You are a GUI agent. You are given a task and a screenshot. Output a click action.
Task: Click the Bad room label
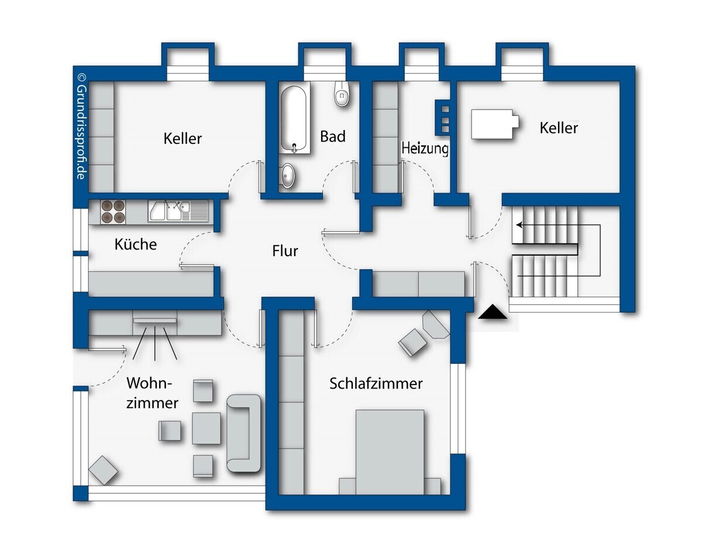332,136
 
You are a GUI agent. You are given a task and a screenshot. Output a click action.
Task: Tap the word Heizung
425,149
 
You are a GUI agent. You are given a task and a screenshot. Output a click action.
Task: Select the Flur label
285,251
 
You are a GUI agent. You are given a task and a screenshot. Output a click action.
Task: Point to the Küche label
135,244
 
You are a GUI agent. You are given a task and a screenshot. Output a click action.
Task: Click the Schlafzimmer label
376,383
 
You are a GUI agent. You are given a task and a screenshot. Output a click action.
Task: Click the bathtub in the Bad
294,120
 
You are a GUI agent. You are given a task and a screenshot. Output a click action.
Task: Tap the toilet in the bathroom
342,94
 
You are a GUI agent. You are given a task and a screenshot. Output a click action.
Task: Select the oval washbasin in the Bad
287,176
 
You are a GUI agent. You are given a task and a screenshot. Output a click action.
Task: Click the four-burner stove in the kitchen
113,212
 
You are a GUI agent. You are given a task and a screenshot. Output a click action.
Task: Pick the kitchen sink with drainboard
178,211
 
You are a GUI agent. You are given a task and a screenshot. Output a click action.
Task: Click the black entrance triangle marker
493,312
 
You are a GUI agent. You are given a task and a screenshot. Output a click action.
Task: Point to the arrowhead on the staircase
519,225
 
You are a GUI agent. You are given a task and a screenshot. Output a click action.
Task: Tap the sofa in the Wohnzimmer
244,433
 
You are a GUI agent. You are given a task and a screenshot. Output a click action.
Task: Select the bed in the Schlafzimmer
390,452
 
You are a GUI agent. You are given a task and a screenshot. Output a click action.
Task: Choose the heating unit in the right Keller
495,124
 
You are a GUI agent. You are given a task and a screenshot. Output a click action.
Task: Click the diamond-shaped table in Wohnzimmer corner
104,470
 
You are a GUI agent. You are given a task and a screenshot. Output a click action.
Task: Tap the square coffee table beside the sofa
206,428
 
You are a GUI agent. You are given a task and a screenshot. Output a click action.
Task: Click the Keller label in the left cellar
183,139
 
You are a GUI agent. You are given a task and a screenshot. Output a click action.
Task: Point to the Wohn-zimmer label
152,393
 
